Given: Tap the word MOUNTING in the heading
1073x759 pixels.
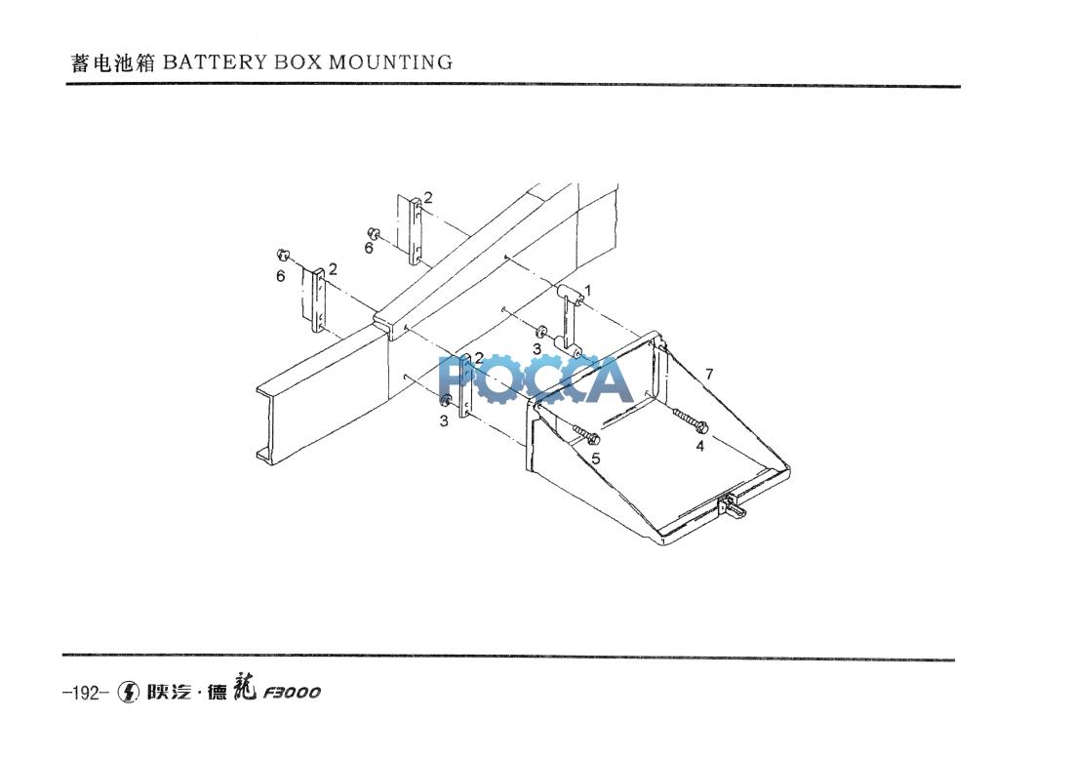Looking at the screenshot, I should (x=390, y=63).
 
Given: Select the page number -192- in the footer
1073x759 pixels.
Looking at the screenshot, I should (x=82, y=694).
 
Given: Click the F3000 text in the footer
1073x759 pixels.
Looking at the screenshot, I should (x=291, y=694).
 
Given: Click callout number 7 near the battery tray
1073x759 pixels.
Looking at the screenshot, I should (x=709, y=375).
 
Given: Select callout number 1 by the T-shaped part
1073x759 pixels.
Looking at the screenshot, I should (x=587, y=290).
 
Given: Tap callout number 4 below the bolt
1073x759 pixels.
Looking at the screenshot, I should (x=699, y=447).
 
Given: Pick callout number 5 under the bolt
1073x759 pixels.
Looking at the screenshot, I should (x=595, y=457).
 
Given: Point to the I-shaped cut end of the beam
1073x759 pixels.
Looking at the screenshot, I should (x=266, y=421).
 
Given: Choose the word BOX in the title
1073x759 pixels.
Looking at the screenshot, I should (x=297, y=63).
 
